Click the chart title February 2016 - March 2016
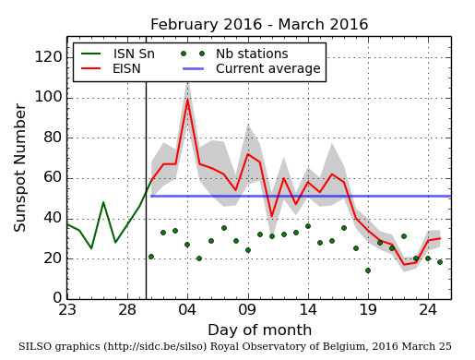point(259,25)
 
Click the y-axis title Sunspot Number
point(20,168)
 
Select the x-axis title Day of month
point(259,330)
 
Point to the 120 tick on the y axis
point(46,57)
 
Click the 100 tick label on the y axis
point(46,97)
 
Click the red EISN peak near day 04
point(187,100)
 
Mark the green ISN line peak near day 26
point(103,202)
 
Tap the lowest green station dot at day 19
point(368,270)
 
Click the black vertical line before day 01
point(146,185)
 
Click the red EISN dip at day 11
point(271,217)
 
